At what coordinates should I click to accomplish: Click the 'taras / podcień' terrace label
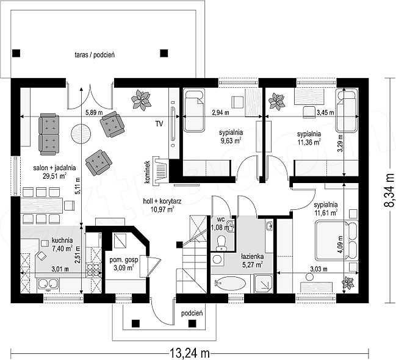tap(95, 55)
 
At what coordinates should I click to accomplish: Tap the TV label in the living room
tap(159, 124)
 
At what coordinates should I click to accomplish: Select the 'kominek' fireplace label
tap(148, 172)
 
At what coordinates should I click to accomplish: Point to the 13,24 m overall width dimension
tap(189, 353)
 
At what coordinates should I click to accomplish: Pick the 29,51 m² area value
tap(54, 176)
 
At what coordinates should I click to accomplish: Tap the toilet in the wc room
tap(221, 243)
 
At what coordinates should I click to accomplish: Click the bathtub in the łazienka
tap(230, 284)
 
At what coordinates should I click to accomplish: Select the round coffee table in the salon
tap(81, 133)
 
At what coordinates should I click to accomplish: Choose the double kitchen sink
tap(48, 284)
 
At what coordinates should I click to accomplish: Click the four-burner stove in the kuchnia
tap(94, 270)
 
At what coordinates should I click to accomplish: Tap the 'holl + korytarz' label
tap(162, 201)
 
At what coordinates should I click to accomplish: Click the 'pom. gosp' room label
tap(124, 260)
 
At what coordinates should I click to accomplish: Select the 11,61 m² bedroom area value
tap(326, 213)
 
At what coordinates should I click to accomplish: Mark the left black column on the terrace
tap(16, 53)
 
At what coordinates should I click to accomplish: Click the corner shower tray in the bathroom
tap(264, 284)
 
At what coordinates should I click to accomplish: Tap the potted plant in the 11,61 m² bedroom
tap(348, 283)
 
